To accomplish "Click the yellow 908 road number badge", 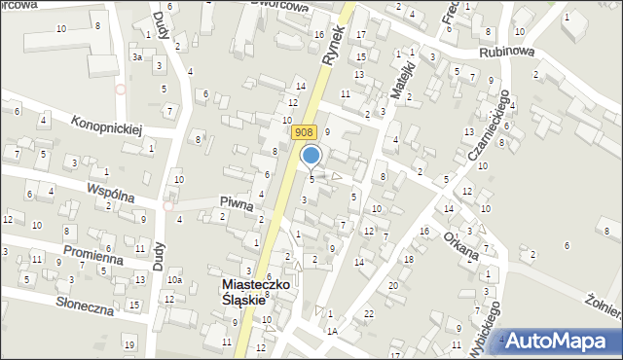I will pos(304,118).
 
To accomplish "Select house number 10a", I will pos(173,280).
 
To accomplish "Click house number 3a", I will pos(137,57).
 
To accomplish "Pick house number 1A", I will pos(331,332).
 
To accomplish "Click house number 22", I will pos(368,312).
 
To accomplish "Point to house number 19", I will pos(128,344).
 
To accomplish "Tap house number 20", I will pos(392,284).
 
